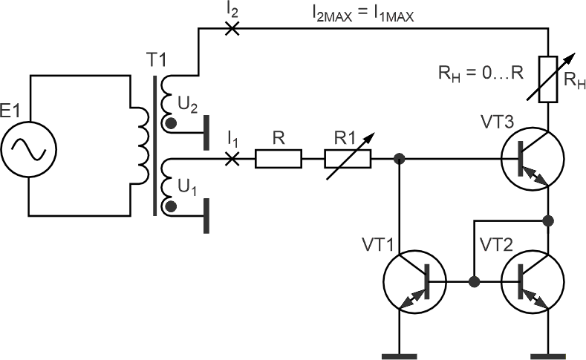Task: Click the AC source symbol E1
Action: pos(29,149)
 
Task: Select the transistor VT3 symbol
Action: pos(533,159)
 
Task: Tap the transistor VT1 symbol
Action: pos(415,282)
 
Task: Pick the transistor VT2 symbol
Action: pos(533,282)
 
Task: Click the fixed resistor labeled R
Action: pos(279,159)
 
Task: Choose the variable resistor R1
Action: pos(348,159)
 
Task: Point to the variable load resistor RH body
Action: pos(548,79)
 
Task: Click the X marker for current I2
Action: pos(232,28)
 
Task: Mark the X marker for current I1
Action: pos(232,159)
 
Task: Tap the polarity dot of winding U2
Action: pos(171,124)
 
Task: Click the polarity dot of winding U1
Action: pos(171,206)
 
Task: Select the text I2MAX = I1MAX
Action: pos(363,15)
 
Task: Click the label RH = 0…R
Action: pos(481,73)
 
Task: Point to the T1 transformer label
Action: pos(156,59)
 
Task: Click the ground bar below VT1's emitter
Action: pos(399,356)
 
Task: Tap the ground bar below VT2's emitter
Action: pos(548,356)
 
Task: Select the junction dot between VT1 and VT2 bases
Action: pos(474,281)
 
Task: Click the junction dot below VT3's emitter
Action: pos(548,220)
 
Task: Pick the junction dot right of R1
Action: pos(399,159)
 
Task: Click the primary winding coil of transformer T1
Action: pos(140,145)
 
